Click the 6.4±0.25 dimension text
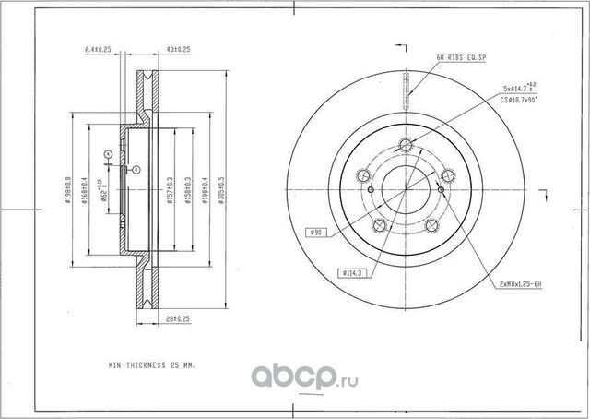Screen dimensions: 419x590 (97, 48)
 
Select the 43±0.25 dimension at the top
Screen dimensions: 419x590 (177, 48)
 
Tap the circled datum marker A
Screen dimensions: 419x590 (107, 153)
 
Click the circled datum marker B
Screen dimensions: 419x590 (134, 170)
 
